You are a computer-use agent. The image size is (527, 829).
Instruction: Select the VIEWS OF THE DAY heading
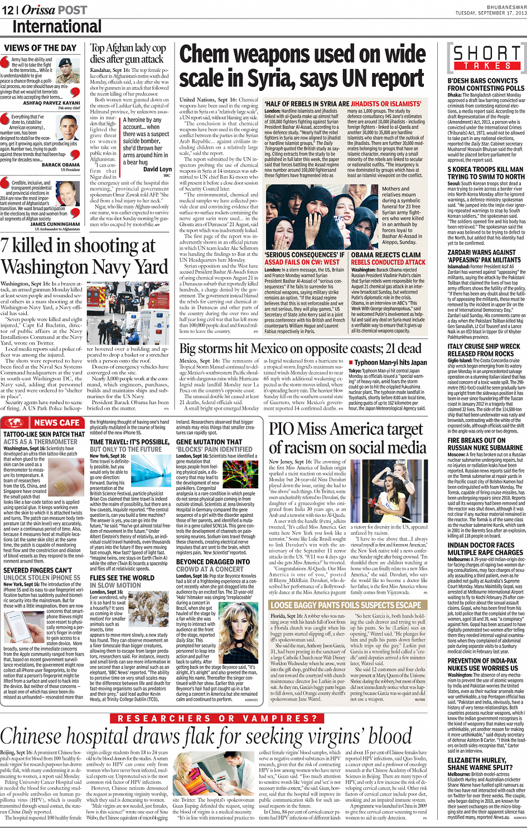coord(40,48)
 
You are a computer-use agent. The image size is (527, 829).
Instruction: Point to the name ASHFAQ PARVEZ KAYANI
coord(51,103)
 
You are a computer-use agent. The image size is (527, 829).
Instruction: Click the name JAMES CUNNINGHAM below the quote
coord(55,225)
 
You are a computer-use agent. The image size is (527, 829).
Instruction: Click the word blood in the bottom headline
coord(391,737)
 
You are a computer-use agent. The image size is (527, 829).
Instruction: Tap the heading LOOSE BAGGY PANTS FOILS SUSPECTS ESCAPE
coord(346,605)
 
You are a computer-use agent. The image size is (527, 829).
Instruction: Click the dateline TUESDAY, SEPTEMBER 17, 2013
coord(491,12)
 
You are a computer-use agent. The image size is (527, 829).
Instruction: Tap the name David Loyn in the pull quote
coord(157,169)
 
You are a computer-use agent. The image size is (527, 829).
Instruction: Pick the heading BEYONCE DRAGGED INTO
coord(212,562)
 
